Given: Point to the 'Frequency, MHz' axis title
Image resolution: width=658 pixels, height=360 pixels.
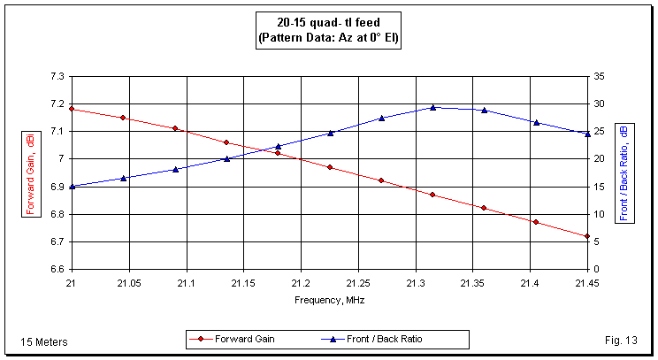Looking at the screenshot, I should coord(329,300).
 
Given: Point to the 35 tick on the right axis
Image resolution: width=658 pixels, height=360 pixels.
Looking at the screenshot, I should coord(599,77).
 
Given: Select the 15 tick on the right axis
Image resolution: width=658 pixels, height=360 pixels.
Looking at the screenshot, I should coord(599,187).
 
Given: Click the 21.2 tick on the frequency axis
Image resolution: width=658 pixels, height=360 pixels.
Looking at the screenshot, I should coord(301,283).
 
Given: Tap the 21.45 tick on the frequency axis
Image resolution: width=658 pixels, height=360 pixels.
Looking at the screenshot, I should coord(587,283).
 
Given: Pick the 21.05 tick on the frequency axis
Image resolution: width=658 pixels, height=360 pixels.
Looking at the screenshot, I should coord(129,283).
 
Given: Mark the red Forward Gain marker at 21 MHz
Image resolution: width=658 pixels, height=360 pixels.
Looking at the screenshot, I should coord(72,109).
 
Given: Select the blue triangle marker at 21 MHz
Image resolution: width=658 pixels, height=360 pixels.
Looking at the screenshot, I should coord(72,186).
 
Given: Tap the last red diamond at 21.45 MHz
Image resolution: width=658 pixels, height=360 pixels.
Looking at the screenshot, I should coord(587,236).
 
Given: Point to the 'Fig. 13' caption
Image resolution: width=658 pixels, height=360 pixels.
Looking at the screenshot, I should coord(613,341).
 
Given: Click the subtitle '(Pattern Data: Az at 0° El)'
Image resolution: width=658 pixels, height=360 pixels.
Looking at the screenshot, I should coord(329,39).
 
